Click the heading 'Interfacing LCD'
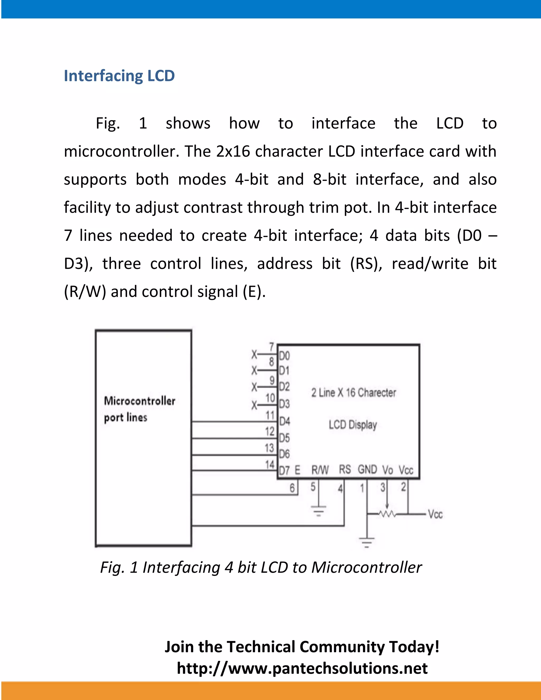(x=119, y=76)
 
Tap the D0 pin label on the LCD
(x=284, y=356)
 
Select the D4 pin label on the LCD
(x=284, y=421)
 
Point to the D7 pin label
(x=284, y=470)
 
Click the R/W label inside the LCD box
(x=320, y=470)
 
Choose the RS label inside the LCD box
(x=345, y=470)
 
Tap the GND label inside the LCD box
(x=367, y=470)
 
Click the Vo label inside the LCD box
(x=388, y=470)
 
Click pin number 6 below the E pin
(x=292, y=488)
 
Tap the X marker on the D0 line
(x=254, y=354)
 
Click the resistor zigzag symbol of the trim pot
(x=387, y=514)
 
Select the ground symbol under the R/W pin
(x=319, y=510)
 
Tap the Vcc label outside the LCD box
(x=435, y=514)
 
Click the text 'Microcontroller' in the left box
(x=140, y=401)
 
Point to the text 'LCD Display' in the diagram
(x=353, y=425)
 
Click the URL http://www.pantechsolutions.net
(x=302, y=668)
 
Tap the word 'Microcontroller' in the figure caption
(x=366, y=567)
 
